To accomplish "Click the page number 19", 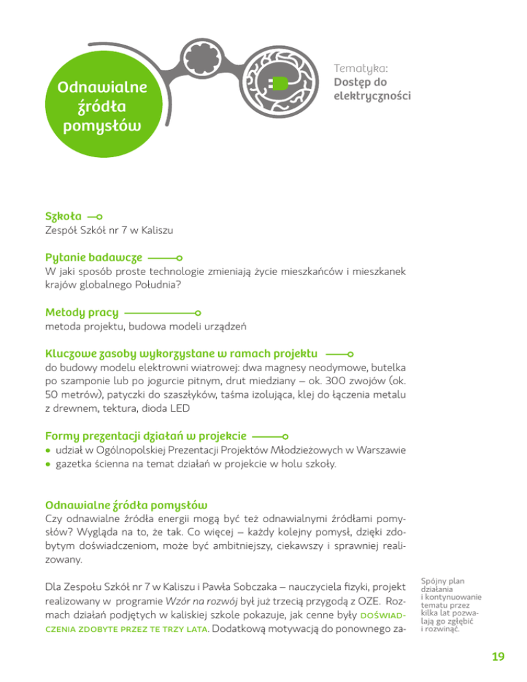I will pyautogui.click(x=497, y=657).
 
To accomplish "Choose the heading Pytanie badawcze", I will pyautogui.click(x=94, y=257).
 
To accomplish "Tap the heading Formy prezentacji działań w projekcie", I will pyautogui.click(x=146, y=435).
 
